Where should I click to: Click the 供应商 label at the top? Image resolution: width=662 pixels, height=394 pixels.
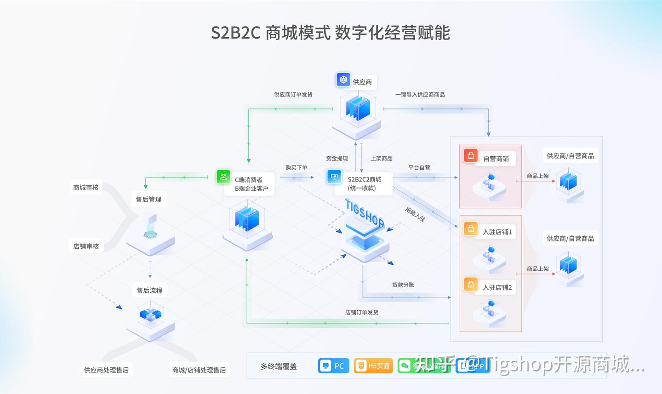coord(362,82)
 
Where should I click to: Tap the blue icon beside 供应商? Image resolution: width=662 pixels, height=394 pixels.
coord(343,80)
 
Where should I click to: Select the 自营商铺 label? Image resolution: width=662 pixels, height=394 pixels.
coord(496,159)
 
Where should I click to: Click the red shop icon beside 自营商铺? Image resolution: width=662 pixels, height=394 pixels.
coord(471,156)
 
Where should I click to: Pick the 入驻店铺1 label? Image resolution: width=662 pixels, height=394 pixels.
coord(497,232)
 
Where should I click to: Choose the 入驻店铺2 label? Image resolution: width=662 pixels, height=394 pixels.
coord(497,287)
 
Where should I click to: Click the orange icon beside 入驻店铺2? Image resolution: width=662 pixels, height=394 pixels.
coord(471,285)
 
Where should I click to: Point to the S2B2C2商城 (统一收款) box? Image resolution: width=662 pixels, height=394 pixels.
coord(365,183)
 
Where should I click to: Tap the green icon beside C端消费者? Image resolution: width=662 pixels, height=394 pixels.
coord(224,177)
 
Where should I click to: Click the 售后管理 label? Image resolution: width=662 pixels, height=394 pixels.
coord(148,199)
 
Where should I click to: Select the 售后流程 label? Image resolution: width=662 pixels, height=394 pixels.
coord(149,290)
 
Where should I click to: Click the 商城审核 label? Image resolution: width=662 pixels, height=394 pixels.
coord(86,187)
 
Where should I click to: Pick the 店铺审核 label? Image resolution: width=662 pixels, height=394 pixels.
coord(86,246)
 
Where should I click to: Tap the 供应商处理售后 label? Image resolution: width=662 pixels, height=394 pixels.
coord(106,370)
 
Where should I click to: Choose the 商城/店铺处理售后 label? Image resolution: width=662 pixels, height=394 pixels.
coord(199,370)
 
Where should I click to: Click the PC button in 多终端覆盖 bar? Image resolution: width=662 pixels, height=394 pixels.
coord(334,366)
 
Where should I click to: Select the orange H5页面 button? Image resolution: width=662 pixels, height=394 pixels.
coord(373,366)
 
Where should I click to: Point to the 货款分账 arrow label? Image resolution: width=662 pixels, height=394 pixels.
coord(403,285)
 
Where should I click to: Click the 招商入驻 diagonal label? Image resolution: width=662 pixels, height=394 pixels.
coord(415,214)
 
